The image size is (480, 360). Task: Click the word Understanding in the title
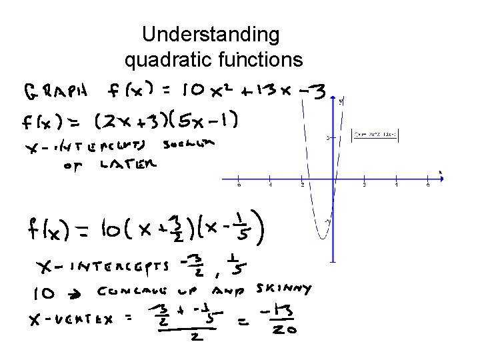click(211, 35)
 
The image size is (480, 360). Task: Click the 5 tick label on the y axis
click(328, 138)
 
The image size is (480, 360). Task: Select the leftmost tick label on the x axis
click(239, 185)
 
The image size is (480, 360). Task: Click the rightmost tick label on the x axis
click(428, 185)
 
